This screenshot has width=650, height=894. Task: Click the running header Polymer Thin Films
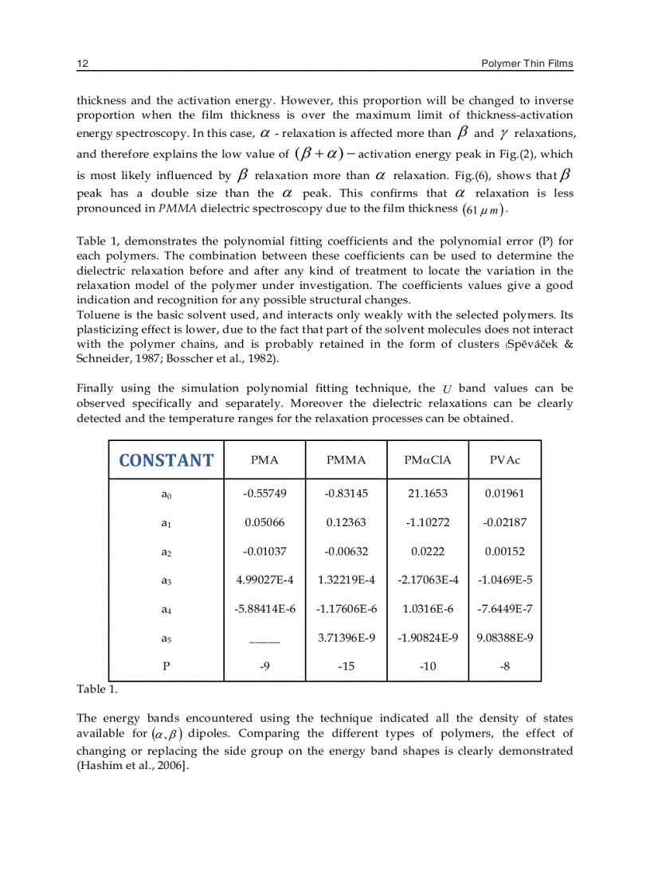(x=527, y=63)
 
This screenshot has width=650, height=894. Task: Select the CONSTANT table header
(x=166, y=460)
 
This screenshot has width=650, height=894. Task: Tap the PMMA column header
(x=346, y=460)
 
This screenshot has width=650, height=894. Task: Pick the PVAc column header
(x=504, y=460)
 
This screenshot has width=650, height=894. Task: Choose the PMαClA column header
(x=428, y=460)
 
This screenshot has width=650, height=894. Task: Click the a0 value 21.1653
(x=428, y=494)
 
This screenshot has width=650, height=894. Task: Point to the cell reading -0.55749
(x=264, y=494)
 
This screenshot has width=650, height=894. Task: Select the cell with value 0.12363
(x=346, y=523)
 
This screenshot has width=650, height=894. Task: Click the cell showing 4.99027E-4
(x=264, y=580)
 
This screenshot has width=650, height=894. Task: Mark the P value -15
(x=346, y=666)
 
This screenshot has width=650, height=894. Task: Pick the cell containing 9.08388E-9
(x=504, y=638)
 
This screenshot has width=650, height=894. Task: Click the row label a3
(x=166, y=581)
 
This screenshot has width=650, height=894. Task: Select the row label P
(x=166, y=666)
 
